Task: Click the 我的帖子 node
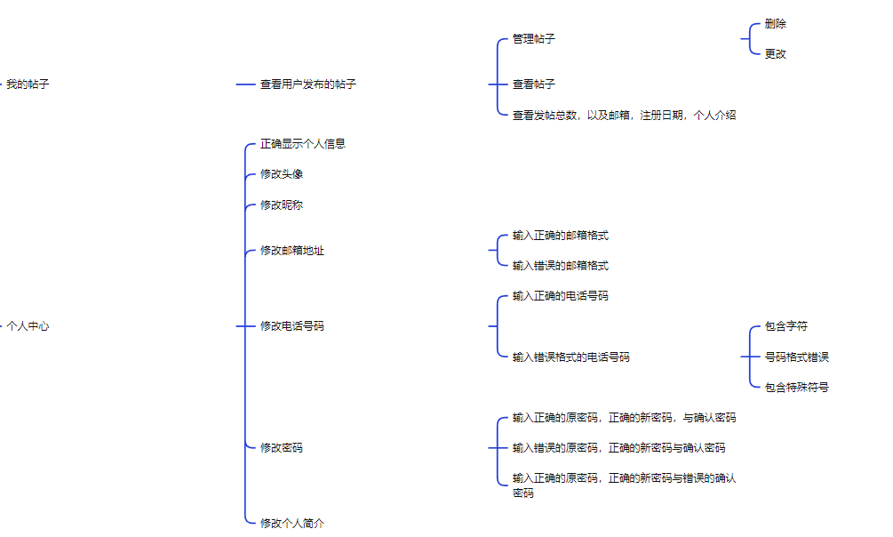[28, 84]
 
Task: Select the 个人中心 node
[28, 326]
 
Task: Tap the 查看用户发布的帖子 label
[307, 84]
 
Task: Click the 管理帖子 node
[533, 39]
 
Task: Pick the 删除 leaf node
[775, 24]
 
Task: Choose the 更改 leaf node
[775, 53]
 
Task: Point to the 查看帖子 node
[533, 84]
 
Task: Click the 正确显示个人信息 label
[302, 144]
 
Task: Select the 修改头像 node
[281, 174]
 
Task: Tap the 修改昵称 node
[281, 205]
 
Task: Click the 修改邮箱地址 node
[291, 251]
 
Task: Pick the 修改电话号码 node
[291, 326]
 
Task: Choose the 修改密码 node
[281, 448]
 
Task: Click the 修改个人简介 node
[291, 524]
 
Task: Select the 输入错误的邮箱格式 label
[560, 266]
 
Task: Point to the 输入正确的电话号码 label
[560, 296]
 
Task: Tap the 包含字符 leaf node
[785, 327]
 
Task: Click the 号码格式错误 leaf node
[796, 357]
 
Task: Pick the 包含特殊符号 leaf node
[796, 388]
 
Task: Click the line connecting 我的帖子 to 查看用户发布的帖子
[246, 84]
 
